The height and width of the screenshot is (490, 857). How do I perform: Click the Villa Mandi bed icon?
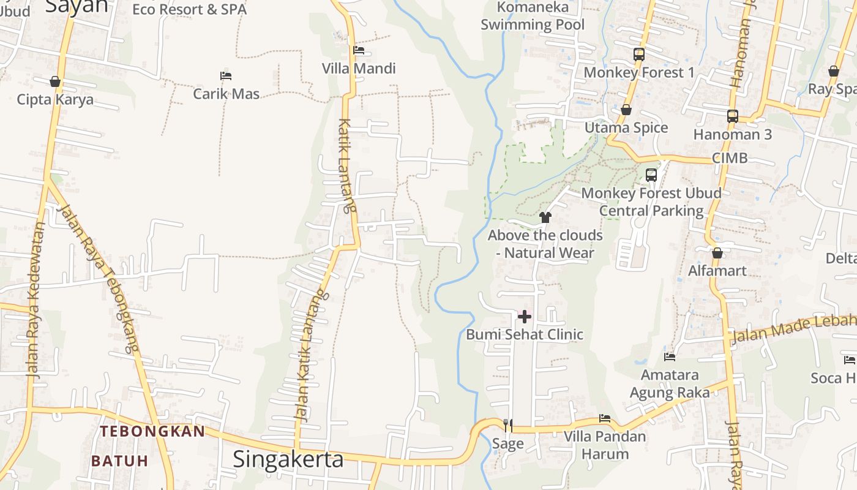[359, 50]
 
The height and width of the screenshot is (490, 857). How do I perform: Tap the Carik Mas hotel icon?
[226, 76]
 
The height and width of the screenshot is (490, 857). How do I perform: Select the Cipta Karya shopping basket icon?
[55, 81]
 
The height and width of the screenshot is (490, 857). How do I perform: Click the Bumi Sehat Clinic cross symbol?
[525, 317]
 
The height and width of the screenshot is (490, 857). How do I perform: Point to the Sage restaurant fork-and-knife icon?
[507, 424]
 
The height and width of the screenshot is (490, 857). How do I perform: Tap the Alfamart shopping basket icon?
[717, 253]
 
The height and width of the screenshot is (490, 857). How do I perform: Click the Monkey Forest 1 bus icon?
[639, 55]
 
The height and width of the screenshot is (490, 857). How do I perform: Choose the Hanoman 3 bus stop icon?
[733, 116]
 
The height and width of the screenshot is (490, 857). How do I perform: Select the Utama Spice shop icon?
[626, 110]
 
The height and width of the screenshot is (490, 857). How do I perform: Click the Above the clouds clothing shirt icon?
[545, 217]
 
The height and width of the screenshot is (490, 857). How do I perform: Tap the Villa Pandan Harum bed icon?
[605, 418]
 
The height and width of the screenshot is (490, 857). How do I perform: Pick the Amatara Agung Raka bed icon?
[670, 356]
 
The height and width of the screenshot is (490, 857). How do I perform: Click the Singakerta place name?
[288, 459]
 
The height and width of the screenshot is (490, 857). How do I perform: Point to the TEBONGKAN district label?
[153, 431]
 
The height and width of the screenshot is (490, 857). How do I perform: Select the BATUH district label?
[120, 461]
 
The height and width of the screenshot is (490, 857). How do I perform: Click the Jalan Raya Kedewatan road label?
[36, 300]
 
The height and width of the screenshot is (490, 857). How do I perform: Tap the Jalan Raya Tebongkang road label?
[98, 279]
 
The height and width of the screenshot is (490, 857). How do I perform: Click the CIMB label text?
[730, 158]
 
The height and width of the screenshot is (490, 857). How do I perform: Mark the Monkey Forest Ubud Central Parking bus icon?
[651, 175]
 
